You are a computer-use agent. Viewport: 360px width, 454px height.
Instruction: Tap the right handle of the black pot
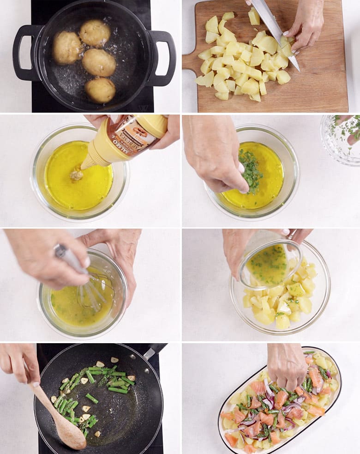(166, 58)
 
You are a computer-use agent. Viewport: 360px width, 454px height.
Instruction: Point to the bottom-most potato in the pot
(100, 90)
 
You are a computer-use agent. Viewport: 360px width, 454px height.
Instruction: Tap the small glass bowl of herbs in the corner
(342, 139)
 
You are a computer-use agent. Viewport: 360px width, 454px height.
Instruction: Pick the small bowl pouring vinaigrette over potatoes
(270, 263)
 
